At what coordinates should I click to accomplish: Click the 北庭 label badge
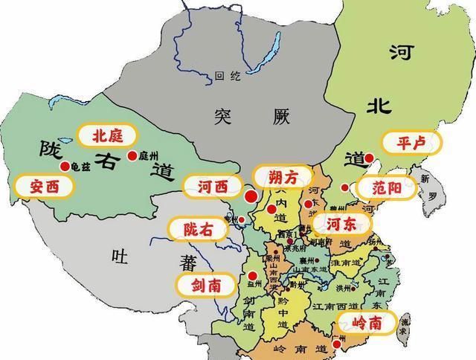coord(106,135)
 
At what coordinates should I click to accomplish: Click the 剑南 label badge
coord(205,284)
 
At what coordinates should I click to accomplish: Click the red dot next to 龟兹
coord(65,166)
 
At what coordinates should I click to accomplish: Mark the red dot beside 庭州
coord(132,155)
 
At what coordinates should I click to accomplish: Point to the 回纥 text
coord(223,76)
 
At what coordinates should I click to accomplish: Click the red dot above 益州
coord(253,273)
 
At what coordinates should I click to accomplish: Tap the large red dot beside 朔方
coord(251,196)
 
